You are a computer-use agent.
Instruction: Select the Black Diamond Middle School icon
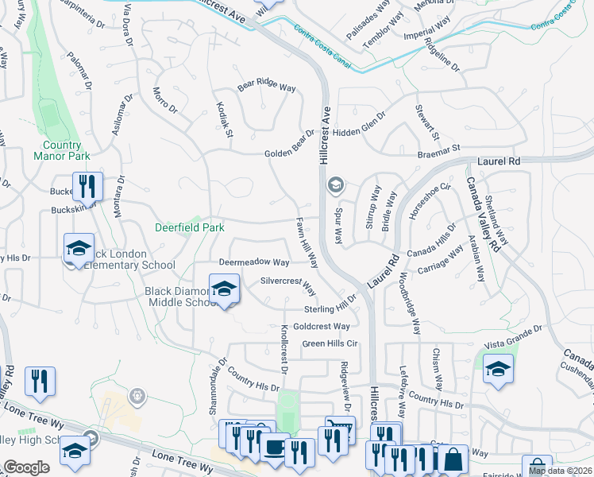(225, 289)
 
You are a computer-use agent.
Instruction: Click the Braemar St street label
(440, 149)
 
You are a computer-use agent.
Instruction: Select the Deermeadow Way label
(254, 262)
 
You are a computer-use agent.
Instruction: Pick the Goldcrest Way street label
(322, 326)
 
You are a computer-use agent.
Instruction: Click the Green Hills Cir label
(331, 343)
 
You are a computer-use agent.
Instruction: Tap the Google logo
(26, 467)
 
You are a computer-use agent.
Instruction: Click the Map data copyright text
(560, 471)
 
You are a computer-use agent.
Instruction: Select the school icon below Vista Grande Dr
(498, 370)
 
